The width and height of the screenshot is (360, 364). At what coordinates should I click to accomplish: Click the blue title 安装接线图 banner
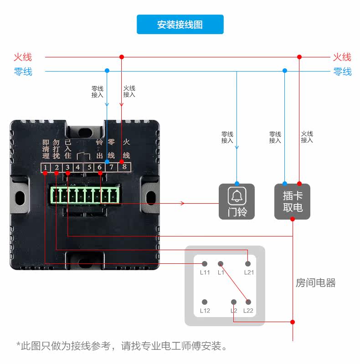[x=180, y=25]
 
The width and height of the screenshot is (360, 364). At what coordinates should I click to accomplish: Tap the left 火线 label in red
[x=23, y=57]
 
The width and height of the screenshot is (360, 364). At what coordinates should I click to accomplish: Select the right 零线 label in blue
[x=342, y=72]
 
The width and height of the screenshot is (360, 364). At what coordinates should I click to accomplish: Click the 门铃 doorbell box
[x=237, y=202]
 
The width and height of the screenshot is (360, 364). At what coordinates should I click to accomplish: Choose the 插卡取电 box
[x=292, y=202]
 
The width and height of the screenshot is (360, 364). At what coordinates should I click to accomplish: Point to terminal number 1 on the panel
[x=46, y=168]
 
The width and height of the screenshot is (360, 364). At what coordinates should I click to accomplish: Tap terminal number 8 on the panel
[x=124, y=168]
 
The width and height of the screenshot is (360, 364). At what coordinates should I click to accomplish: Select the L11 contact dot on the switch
[x=205, y=264]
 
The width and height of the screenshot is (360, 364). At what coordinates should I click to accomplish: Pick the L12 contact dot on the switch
[x=205, y=302]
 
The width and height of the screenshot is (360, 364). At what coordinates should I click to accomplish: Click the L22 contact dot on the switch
[x=248, y=302]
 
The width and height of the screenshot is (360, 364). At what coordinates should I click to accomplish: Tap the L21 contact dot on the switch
[x=248, y=264]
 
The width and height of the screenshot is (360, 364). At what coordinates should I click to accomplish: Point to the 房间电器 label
[x=315, y=283]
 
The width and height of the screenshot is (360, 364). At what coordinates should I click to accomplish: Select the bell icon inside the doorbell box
[x=237, y=196]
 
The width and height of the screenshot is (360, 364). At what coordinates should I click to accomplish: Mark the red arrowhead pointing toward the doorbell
[x=182, y=203]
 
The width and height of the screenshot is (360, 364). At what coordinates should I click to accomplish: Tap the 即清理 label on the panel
[x=46, y=149]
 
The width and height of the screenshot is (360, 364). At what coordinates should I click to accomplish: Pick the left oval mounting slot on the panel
[x=20, y=196]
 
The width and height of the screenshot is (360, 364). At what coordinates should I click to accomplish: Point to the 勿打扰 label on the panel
[x=57, y=149]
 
